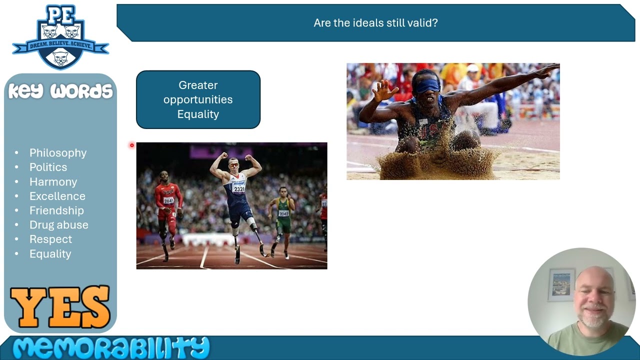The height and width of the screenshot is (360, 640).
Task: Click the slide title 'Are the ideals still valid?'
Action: point(375,23)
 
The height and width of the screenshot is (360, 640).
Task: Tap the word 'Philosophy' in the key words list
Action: point(57,153)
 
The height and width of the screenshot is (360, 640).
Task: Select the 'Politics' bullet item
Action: point(48,167)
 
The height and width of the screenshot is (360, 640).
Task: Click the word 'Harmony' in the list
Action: point(53,182)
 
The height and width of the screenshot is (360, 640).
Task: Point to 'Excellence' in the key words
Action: point(57,196)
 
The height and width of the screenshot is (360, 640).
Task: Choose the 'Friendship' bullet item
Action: point(56,210)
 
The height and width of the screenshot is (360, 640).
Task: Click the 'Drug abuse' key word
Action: point(58,225)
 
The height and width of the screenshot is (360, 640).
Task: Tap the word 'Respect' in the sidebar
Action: point(50,239)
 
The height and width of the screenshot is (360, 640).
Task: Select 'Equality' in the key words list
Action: point(50,254)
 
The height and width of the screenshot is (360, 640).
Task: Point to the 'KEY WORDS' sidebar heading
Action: point(60,91)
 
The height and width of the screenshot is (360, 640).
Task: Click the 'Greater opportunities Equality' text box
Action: point(198,99)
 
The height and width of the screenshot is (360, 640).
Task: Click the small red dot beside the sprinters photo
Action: point(132,145)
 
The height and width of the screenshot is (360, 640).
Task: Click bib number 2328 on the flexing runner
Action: point(238,189)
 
